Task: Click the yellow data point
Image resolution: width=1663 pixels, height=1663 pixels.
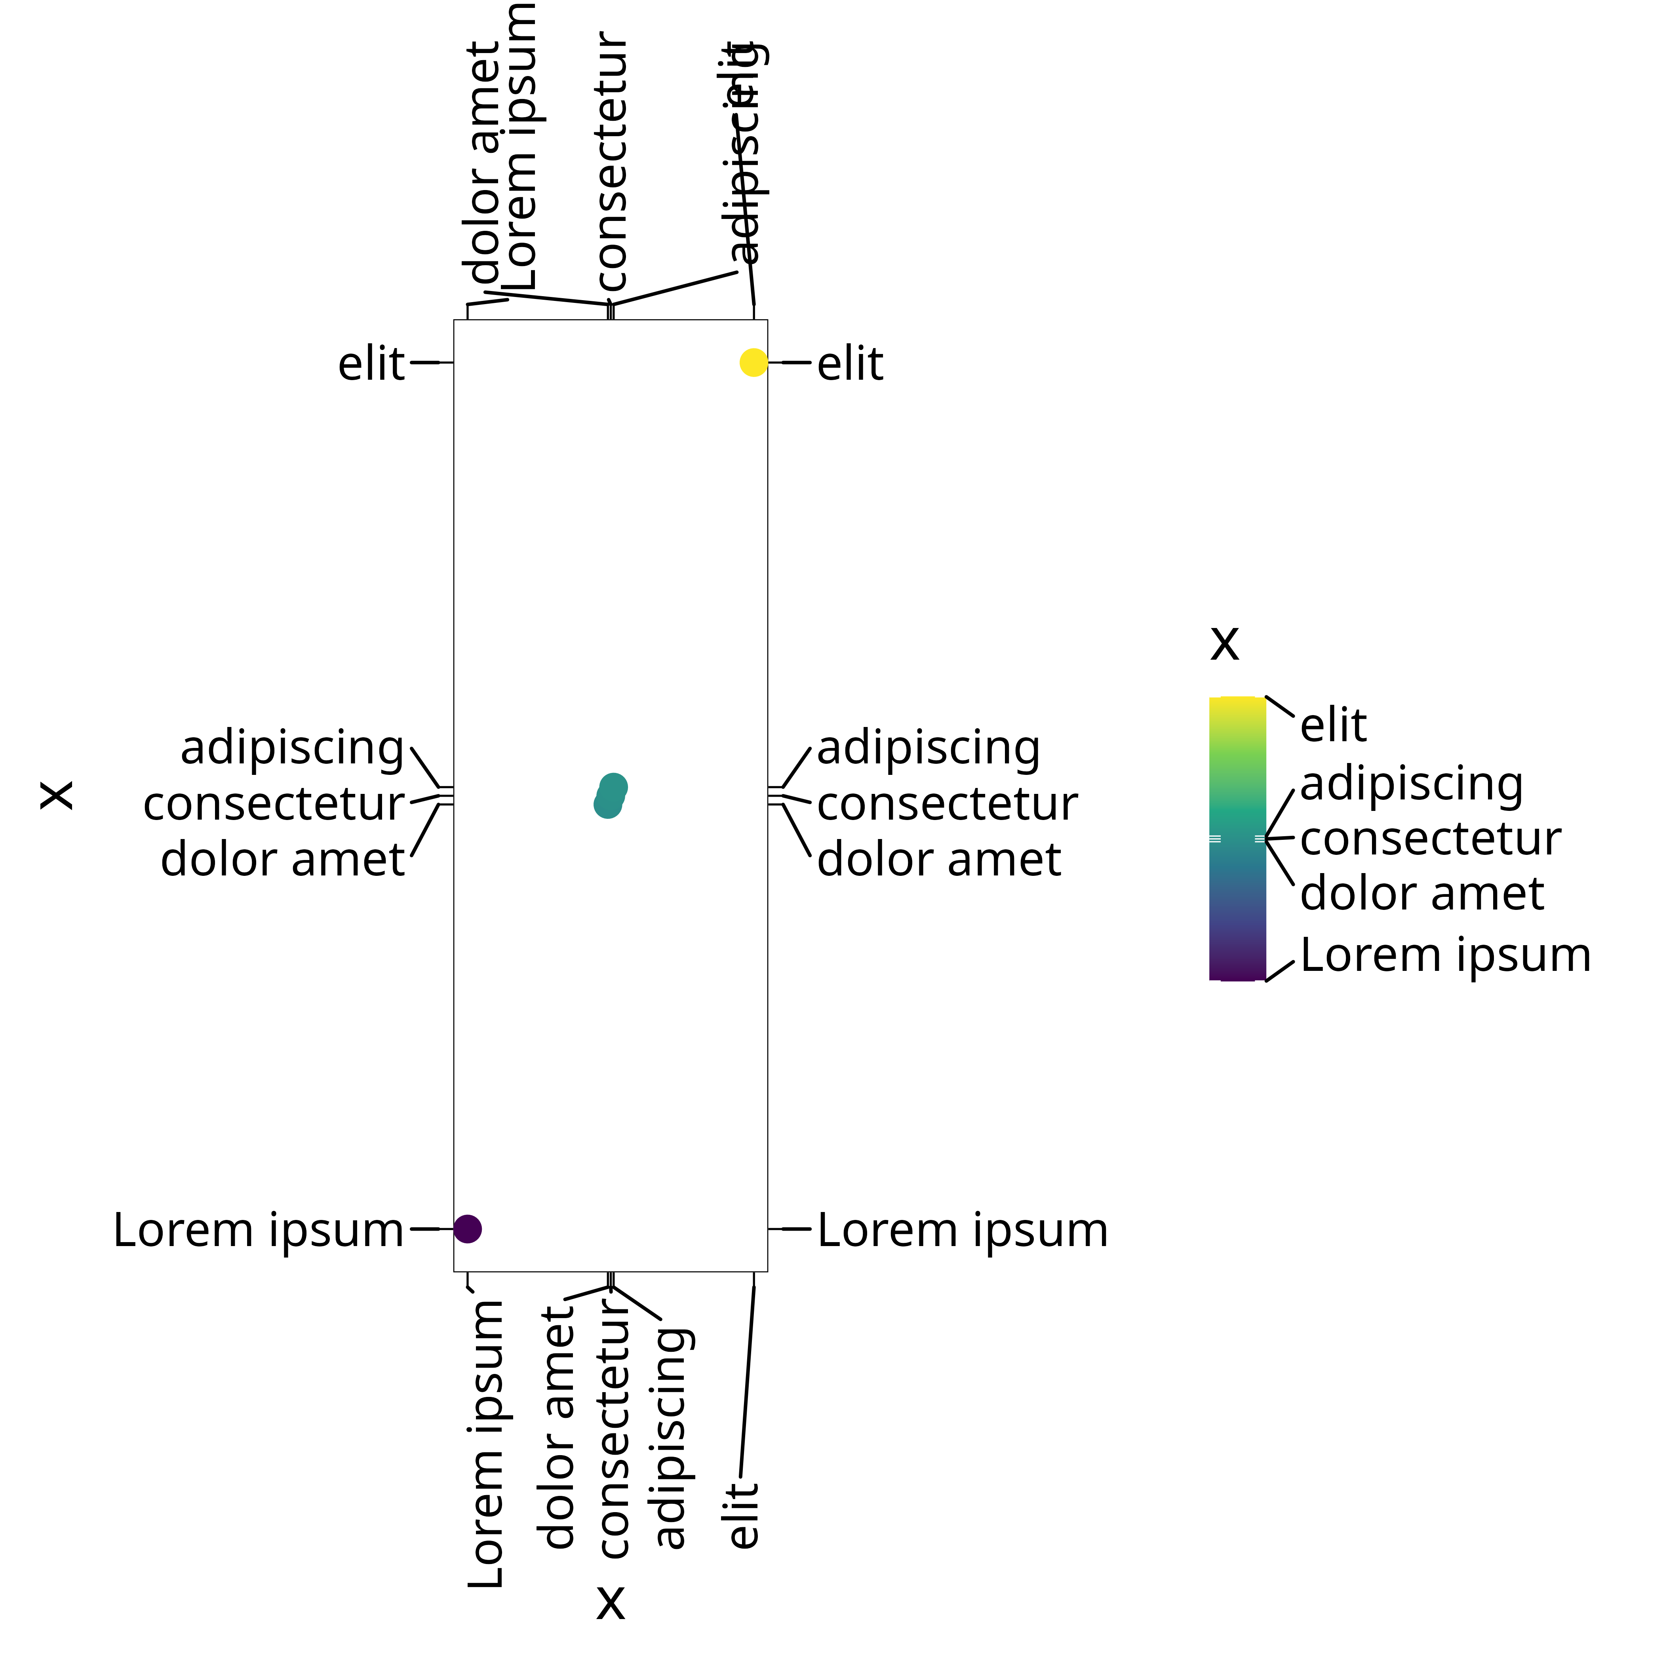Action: [753, 362]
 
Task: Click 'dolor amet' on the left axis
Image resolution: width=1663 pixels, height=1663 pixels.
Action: [282, 859]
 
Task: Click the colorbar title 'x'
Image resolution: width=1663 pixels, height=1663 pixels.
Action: [1224, 643]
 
